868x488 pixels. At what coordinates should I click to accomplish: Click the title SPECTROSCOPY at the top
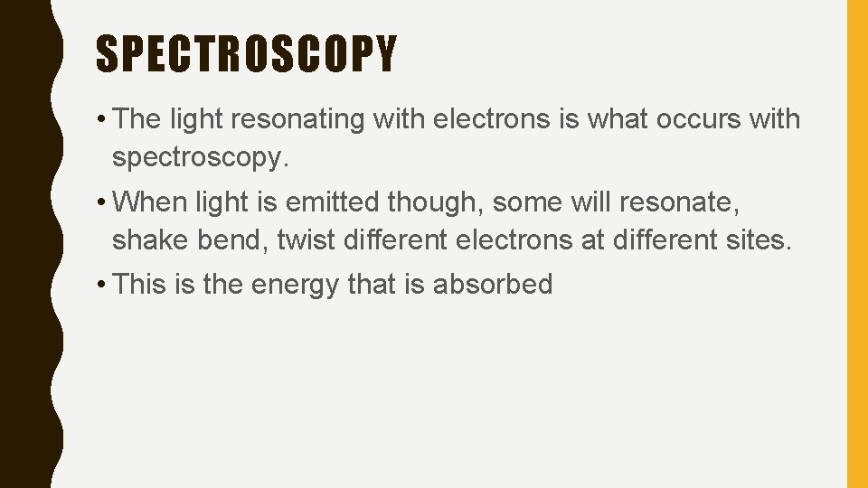click(x=246, y=54)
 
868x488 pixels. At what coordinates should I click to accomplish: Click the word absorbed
click(x=492, y=284)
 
